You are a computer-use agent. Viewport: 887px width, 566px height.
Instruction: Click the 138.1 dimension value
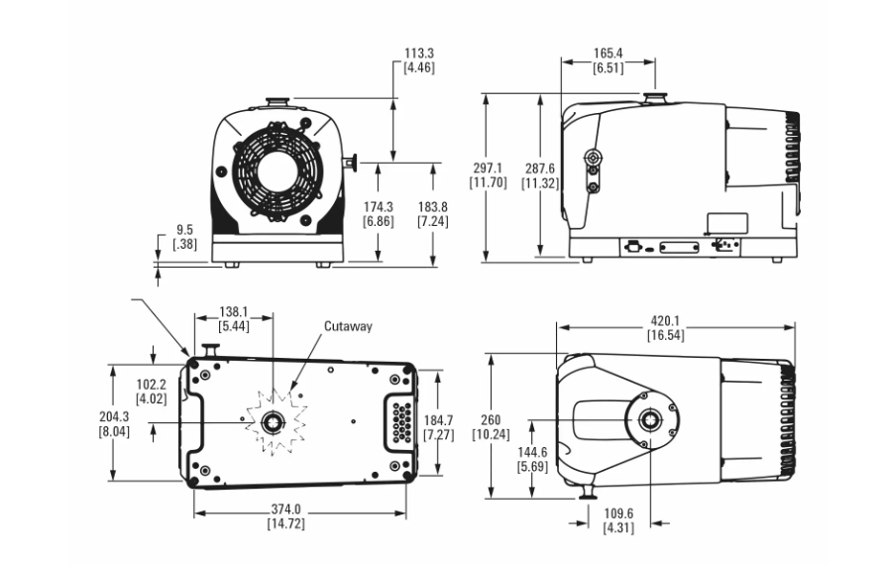pos(233,309)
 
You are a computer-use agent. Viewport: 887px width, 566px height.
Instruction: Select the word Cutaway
pos(347,325)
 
